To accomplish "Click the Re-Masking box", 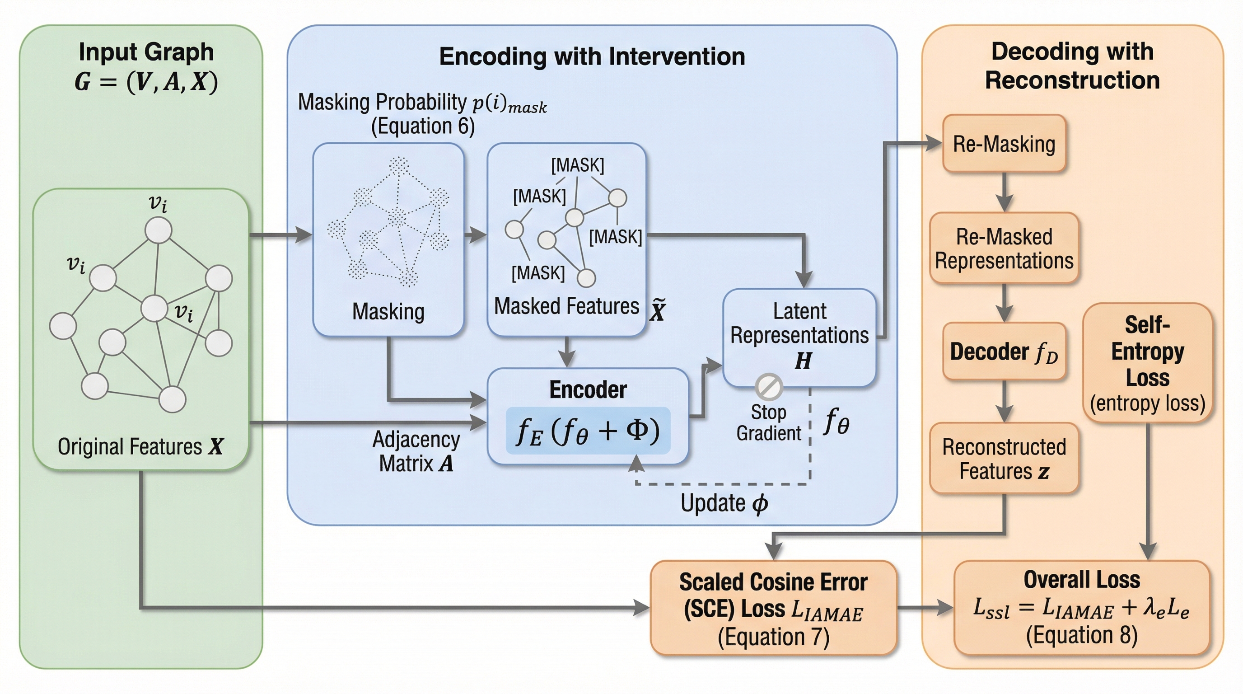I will coord(1004,144).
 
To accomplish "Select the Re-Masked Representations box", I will coord(1004,248).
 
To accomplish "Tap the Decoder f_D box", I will coord(1004,352).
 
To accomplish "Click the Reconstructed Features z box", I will coord(1004,459).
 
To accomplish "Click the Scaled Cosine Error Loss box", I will coord(773,608).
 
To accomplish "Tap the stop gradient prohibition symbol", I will coord(769,387).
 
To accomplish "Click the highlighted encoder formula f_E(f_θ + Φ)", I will coord(588,431).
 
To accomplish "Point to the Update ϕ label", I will coord(724,503).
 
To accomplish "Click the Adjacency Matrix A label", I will coord(416,452).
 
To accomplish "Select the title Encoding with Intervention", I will coord(592,56).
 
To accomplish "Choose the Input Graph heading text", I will coord(146,52).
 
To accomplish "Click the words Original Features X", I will coord(140,446).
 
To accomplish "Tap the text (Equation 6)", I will coord(423,127).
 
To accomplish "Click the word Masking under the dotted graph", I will coord(388,311).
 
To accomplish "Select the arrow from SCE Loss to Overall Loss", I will coord(925,607).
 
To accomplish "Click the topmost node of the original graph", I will coord(158,230).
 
